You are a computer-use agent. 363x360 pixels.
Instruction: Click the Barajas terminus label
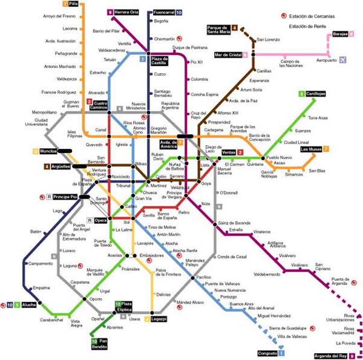coord(340,34)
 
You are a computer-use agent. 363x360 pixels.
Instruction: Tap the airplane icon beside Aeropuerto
coord(344,59)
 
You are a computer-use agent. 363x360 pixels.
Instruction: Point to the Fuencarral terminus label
coord(164,12)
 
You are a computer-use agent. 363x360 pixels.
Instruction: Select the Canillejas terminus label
coord(315,94)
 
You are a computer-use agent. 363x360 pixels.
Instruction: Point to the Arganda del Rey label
coord(332,355)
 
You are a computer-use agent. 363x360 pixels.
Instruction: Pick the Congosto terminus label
coord(267,352)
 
